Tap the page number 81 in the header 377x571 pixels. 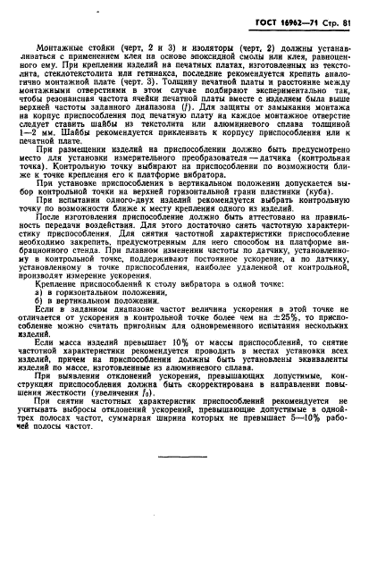(351, 9)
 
